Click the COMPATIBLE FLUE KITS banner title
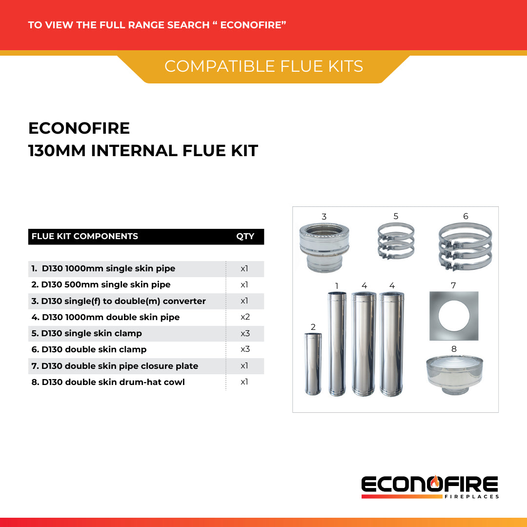(x=263, y=66)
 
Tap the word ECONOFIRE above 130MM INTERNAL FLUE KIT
(x=79, y=128)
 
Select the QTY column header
(x=245, y=236)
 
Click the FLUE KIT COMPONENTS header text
(x=85, y=236)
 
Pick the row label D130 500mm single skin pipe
(x=106, y=284)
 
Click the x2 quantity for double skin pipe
(x=245, y=317)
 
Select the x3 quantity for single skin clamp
(x=245, y=333)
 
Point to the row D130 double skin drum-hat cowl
(x=108, y=382)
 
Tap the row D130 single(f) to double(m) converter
(x=119, y=301)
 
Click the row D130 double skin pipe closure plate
(x=115, y=366)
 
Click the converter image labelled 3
(x=324, y=247)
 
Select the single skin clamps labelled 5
(x=396, y=242)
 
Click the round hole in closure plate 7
(x=454, y=315)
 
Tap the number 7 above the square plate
(x=453, y=285)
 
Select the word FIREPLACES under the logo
(x=472, y=497)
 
